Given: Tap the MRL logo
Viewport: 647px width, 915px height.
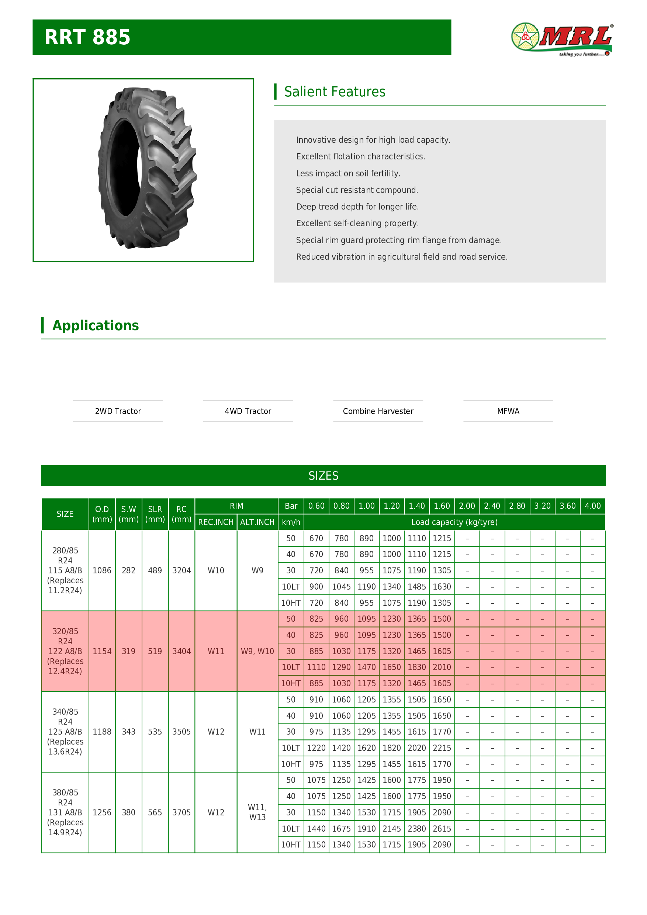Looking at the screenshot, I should (562, 39).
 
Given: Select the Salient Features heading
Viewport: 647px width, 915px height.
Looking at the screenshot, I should (334, 91).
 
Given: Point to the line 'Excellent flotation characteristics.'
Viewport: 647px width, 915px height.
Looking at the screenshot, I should (360, 156).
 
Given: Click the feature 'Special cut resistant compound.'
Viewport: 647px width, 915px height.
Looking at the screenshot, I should (357, 190).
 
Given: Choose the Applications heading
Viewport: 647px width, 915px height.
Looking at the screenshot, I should (96, 325).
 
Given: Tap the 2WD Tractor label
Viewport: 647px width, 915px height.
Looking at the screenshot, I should (118, 411).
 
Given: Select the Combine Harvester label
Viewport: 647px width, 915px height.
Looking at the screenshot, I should (378, 411).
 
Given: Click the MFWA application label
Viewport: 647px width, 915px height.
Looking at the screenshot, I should (508, 411).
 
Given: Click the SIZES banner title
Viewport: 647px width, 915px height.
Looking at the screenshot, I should (323, 476).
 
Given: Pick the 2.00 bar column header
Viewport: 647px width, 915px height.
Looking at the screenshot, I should (467, 506).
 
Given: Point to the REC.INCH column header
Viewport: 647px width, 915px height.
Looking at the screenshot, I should (215, 522).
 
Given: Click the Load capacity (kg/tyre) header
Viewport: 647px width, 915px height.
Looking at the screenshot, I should (454, 522).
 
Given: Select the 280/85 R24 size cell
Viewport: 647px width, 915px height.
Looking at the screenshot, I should (65, 570).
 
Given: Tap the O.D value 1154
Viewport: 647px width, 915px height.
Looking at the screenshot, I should (102, 651).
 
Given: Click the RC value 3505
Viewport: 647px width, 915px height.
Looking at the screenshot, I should (181, 732).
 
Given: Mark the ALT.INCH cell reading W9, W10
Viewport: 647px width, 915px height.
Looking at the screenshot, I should (257, 651).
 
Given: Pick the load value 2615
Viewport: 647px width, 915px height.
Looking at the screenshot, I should (442, 829).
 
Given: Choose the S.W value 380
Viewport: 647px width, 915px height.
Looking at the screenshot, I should (128, 812).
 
